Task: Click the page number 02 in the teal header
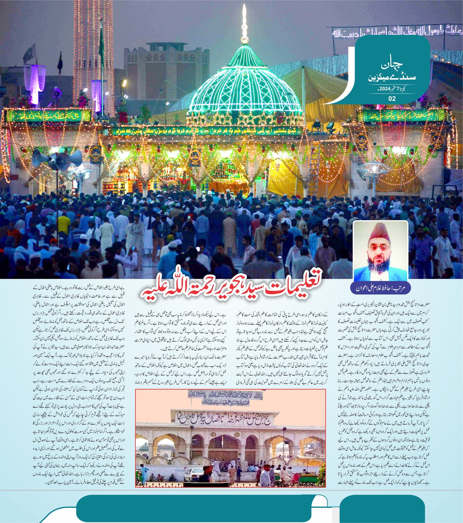tap(392, 98)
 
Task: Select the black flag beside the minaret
tap(60, 63)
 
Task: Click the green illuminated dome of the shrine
tap(244, 87)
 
